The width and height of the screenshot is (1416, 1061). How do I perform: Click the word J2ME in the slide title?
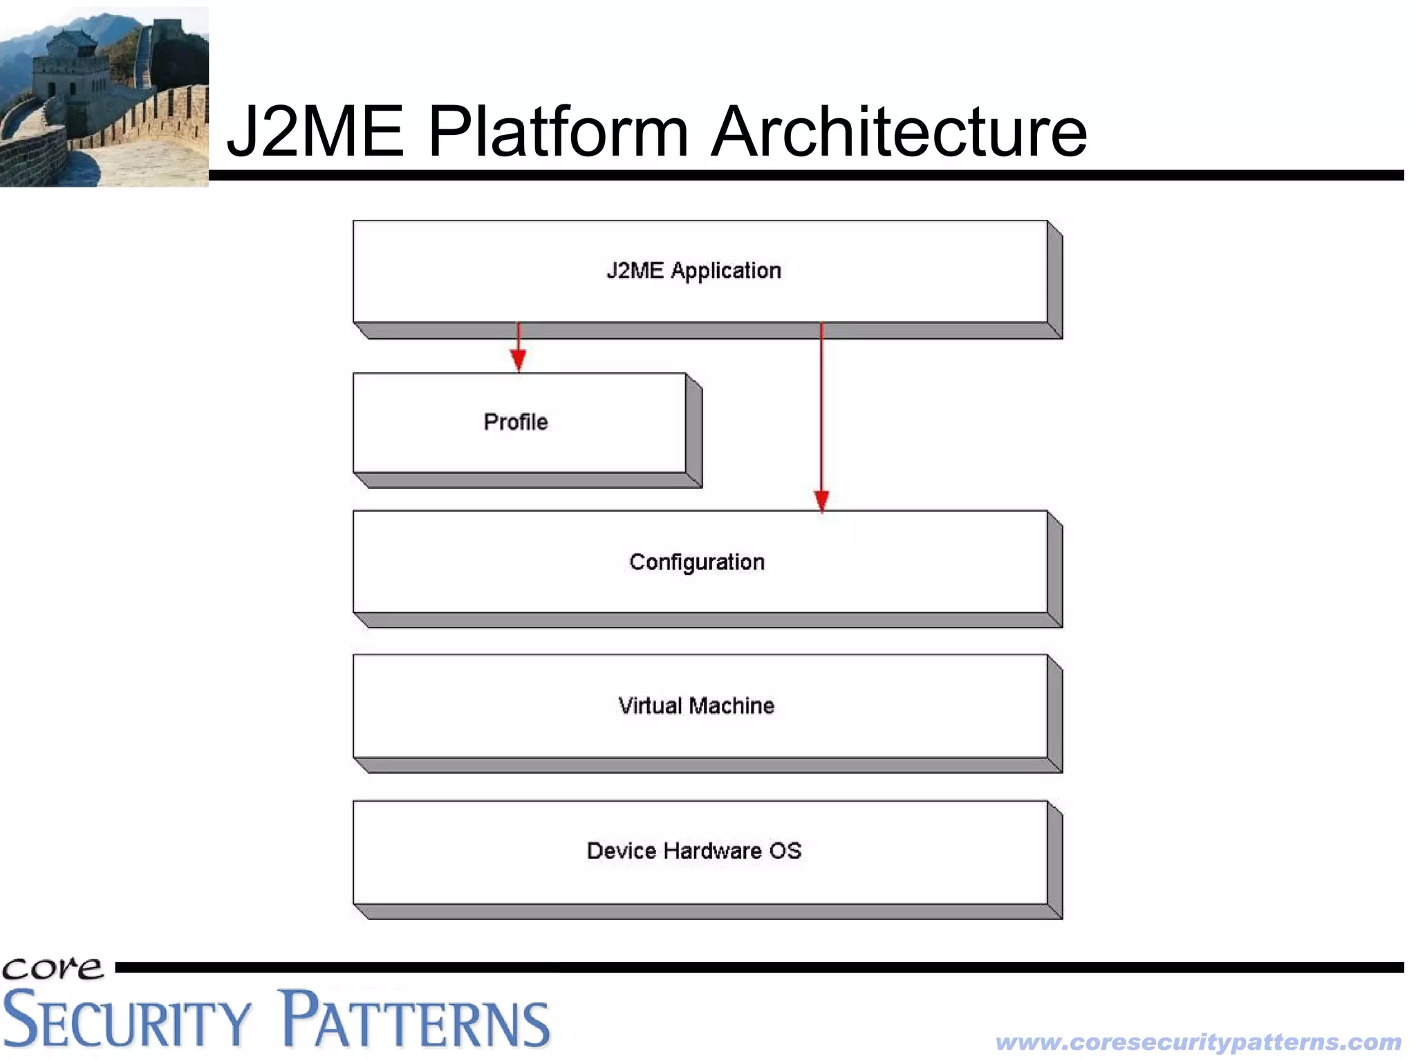[x=315, y=131]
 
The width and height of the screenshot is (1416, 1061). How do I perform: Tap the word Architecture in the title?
[x=899, y=131]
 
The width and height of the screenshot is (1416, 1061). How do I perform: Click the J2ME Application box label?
[x=693, y=270]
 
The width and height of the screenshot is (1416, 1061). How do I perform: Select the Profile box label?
[x=516, y=422]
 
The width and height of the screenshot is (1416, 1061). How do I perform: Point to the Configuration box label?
[x=697, y=562]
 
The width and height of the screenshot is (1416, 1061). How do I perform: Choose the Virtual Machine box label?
[x=696, y=705]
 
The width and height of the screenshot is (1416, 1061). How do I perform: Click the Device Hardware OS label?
[x=694, y=851]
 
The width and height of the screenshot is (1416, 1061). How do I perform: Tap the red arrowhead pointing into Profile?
[x=519, y=360]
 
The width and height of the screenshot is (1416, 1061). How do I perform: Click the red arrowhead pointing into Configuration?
[x=821, y=500]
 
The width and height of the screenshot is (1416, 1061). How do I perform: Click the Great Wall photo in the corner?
[x=104, y=97]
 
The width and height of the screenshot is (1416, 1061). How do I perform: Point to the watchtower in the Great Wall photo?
[x=69, y=62]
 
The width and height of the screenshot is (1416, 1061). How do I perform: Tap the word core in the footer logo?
[x=53, y=968]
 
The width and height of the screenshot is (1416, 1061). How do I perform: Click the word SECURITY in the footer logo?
[x=127, y=1021]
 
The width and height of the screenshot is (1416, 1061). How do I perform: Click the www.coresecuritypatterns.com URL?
[x=1198, y=1042]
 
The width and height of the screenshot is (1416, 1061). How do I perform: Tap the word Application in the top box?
[x=726, y=270]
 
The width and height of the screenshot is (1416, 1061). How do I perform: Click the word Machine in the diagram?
[x=732, y=705]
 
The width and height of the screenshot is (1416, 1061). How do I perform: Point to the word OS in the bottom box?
[x=785, y=851]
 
